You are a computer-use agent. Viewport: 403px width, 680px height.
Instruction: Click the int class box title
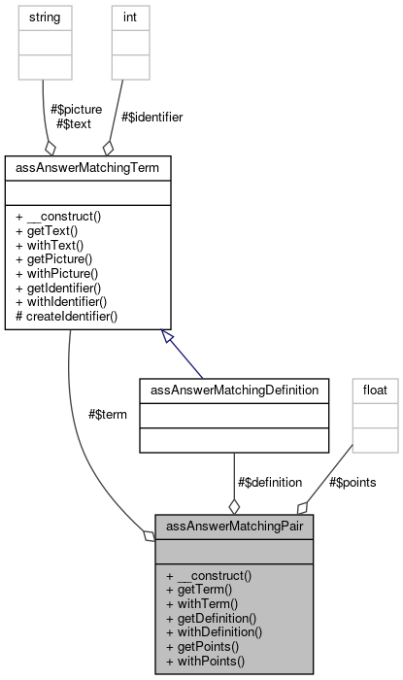(x=130, y=17)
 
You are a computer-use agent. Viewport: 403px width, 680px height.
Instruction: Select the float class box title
(x=375, y=390)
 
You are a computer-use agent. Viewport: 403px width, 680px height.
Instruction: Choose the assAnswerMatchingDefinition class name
(x=233, y=390)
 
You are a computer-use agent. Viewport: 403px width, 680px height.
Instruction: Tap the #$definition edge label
(x=269, y=481)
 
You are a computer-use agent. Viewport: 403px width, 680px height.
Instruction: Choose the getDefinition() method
(x=212, y=617)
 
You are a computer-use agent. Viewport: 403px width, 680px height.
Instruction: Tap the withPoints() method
(x=205, y=661)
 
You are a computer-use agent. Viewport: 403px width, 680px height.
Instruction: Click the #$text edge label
(x=73, y=123)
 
